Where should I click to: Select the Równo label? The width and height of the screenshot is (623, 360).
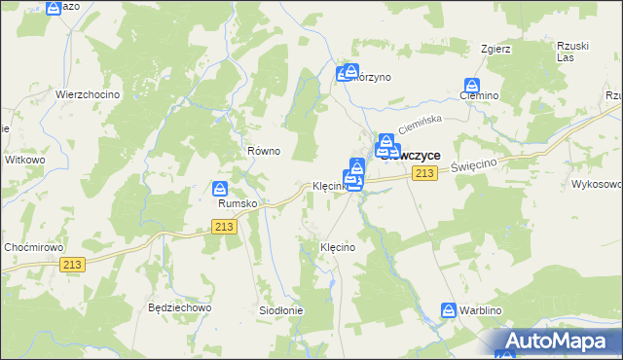point(264,151)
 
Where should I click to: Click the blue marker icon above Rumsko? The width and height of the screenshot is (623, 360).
point(221,188)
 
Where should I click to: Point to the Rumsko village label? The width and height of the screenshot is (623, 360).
point(237,204)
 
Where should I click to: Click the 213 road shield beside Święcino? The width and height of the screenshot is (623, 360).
point(422,173)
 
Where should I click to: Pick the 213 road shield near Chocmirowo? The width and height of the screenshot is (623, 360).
point(71,265)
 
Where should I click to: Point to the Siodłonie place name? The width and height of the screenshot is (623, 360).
point(280,310)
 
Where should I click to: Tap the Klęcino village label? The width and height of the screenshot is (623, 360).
point(338,248)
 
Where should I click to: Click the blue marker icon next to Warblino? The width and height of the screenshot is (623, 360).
point(448,310)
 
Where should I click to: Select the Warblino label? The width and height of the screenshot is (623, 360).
point(487,310)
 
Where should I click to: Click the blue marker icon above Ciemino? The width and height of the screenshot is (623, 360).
point(473,85)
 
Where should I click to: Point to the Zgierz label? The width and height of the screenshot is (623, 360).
point(495,48)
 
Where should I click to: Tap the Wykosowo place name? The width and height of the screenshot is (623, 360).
point(596,183)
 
